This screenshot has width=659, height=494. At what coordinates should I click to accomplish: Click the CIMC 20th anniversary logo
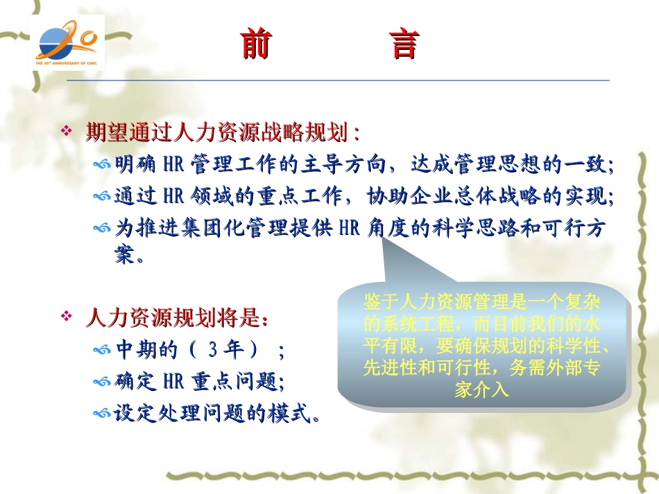coord(69,43)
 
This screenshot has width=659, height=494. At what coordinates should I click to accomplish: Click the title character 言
coord(403,44)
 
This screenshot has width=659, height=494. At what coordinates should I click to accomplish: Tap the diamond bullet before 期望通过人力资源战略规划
coord(67,131)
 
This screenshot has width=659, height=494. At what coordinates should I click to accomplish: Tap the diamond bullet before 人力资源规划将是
coord(67,317)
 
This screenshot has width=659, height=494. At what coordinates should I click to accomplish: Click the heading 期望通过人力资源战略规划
coord(222,132)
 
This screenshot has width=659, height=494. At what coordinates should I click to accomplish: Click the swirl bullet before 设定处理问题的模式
coord(102,414)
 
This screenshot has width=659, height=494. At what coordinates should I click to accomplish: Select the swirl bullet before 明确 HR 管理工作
coord(102,166)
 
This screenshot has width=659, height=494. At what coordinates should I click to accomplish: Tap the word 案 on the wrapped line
coord(124,257)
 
